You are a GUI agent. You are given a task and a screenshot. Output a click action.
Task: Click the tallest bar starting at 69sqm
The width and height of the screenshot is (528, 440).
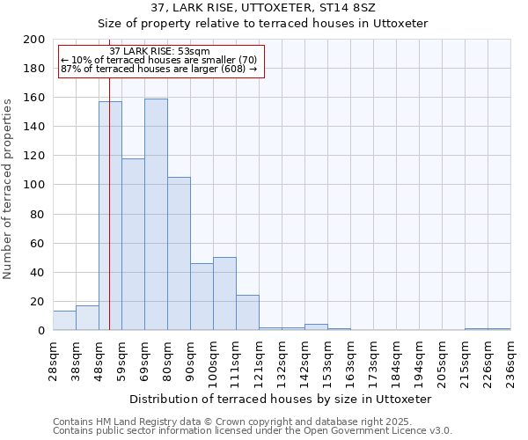pos(156,215)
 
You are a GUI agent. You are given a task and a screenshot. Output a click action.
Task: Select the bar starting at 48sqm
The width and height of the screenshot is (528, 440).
pos(110,216)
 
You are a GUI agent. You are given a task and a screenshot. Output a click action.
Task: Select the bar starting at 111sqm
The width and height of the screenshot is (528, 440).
pos(247,312)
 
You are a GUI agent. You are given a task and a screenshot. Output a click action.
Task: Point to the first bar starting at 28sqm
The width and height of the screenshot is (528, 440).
pos(64,320)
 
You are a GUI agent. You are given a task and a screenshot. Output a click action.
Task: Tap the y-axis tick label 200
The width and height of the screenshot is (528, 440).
pos(34,40)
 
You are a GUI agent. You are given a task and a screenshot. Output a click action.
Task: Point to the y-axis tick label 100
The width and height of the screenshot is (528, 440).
pos(34,185)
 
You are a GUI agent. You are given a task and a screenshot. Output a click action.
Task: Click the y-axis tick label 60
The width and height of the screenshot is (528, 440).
pos(38,243)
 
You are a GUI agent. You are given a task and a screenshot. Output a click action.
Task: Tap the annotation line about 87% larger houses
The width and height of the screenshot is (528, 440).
pos(159,69)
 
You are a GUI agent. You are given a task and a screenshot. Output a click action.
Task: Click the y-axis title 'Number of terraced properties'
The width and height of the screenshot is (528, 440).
pos(8,188)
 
